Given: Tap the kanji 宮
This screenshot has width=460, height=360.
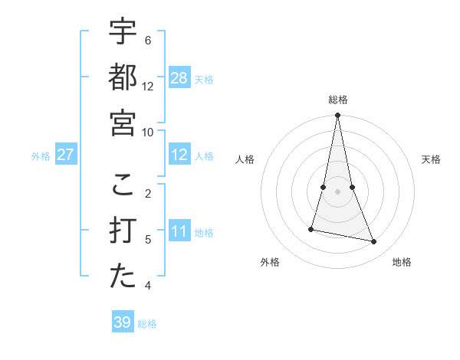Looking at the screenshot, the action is [x=123, y=123].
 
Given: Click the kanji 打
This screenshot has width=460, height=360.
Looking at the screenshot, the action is [x=123, y=231].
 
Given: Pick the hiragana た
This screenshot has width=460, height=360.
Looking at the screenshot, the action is [x=123, y=277].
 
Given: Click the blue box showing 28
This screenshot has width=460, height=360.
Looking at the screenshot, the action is [x=179, y=78].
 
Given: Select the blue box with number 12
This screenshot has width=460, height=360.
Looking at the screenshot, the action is [x=179, y=155].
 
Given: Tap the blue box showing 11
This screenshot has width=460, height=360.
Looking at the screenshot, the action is [x=179, y=231].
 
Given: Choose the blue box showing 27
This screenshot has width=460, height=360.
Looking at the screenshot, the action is [x=66, y=155].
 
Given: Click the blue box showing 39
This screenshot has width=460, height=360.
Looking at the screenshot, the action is [x=123, y=322].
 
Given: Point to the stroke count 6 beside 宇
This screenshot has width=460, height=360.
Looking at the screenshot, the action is [x=148, y=40].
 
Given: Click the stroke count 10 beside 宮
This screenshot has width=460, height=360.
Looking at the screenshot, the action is [x=148, y=132].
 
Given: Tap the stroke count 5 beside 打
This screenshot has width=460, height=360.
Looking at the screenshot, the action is [x=148, y=240].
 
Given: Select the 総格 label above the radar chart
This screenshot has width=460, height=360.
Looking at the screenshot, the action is [x=338, y=100].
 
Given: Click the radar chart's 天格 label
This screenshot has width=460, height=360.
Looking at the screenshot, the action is [x=432, y=159].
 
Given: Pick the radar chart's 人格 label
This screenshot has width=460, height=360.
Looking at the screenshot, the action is [x=245, y=159].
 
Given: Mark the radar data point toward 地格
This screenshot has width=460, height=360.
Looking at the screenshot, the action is [x=374, y=242].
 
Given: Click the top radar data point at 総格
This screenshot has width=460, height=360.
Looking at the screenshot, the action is [x=338, y=116].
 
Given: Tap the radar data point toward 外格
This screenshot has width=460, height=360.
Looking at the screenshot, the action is [x=311, y=229].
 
